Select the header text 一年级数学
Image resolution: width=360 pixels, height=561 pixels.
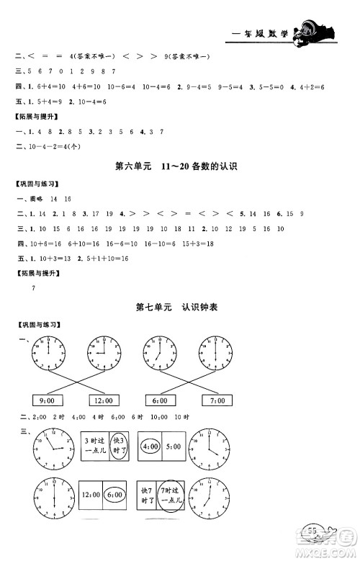(x=261, y=32)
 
